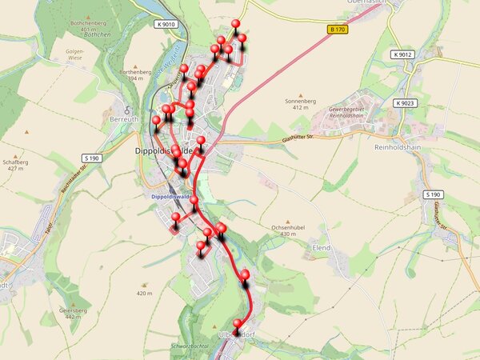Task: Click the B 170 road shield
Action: coord(338,30)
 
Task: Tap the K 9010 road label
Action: coord(167,25)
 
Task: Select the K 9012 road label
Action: coord(403,54)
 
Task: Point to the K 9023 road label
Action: coord(406,103)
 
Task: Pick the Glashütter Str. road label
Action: coord(301,138)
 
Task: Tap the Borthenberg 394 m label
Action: coord(135,75)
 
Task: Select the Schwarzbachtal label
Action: coord(189,345)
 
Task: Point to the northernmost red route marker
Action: coord(235,24)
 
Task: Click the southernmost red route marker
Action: coord(236,324)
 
